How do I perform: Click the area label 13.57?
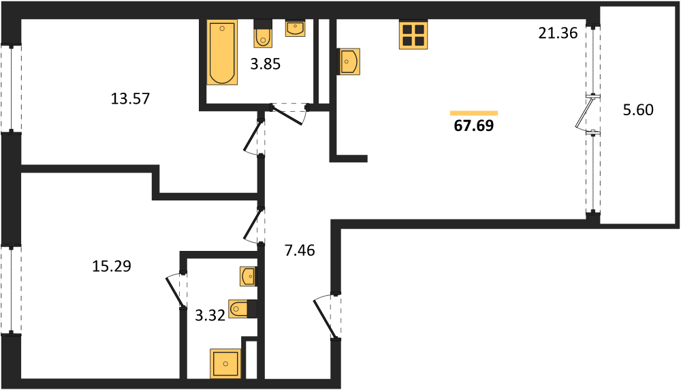tap(130, 99)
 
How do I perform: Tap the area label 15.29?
tap(112, 266)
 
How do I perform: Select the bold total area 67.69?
tap(474, 125)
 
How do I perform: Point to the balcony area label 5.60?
tap(638, 110)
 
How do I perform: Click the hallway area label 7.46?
tap(300, 250)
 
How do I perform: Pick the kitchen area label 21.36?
tap(558, 33)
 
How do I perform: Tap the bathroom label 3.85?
tap(266, 64)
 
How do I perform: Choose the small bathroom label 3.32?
tap(210, 315)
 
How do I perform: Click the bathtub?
tap(223, 52)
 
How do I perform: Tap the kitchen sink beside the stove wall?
tap(349, 62)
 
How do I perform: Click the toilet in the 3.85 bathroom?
tap(262, 33)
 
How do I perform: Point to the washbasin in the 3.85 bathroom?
tap(296, 28)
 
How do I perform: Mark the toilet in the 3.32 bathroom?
tap(242, 309)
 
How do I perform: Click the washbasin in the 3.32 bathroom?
tap(249, 277)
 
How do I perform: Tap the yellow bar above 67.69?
tap(474, 113)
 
